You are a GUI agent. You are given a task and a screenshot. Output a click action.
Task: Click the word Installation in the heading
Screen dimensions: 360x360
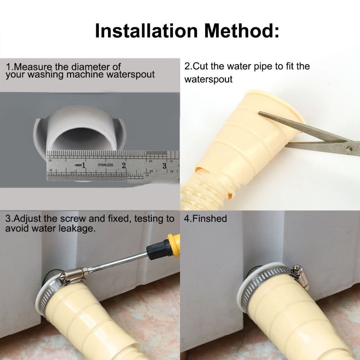click(x=146, y=31)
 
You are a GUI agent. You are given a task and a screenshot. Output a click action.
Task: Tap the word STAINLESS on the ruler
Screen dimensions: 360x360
click(x=105, y=165)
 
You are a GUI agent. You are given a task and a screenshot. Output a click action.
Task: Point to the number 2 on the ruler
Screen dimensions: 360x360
click(x=124, y=165)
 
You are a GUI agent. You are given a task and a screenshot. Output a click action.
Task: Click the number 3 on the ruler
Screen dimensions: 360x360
click(x=165, y=166)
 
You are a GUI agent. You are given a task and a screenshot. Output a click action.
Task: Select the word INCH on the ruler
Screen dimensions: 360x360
click(x=78, y=165)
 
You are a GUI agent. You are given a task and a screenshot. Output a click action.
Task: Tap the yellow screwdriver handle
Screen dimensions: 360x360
click(x=173, y=245)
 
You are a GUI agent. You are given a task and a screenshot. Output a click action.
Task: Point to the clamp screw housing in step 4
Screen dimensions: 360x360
click(x=301, y=276)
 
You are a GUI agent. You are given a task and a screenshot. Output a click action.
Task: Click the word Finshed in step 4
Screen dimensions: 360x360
click(x=209, y=219)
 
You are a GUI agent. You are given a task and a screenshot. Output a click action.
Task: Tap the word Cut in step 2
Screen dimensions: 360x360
click(x=199, y=66)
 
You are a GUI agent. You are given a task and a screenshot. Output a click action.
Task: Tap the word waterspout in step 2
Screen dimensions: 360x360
click(x=208, y=80)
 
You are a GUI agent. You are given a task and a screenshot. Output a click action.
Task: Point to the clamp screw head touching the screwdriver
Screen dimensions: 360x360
click(x=85, y=270)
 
